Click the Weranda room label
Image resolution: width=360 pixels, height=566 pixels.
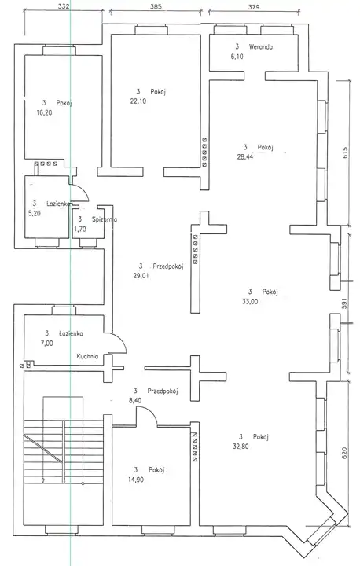(x=261, y=46)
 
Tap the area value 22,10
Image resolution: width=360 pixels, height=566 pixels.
(x=138, y=101)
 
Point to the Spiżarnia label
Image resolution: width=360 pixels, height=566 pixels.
(x=105, y=219)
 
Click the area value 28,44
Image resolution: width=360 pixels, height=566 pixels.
(x=245, y=156)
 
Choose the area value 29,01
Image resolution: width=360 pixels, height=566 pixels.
(x=141, y=276)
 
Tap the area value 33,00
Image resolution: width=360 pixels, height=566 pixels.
(x=250, y=301)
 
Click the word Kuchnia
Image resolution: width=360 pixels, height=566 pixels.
(x=87, y=356)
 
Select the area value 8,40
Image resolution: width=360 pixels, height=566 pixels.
(x=138, y=400)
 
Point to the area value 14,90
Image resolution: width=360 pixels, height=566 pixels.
(x=137, y=480)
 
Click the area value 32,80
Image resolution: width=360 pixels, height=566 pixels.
(x=241, y=447)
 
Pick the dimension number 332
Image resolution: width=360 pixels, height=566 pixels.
(x=63, y=6)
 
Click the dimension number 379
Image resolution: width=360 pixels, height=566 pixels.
(x=254, y=6)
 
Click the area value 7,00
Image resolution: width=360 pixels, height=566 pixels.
(x=47, y=344)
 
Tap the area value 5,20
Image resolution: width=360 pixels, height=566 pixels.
(x=35, y=213)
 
